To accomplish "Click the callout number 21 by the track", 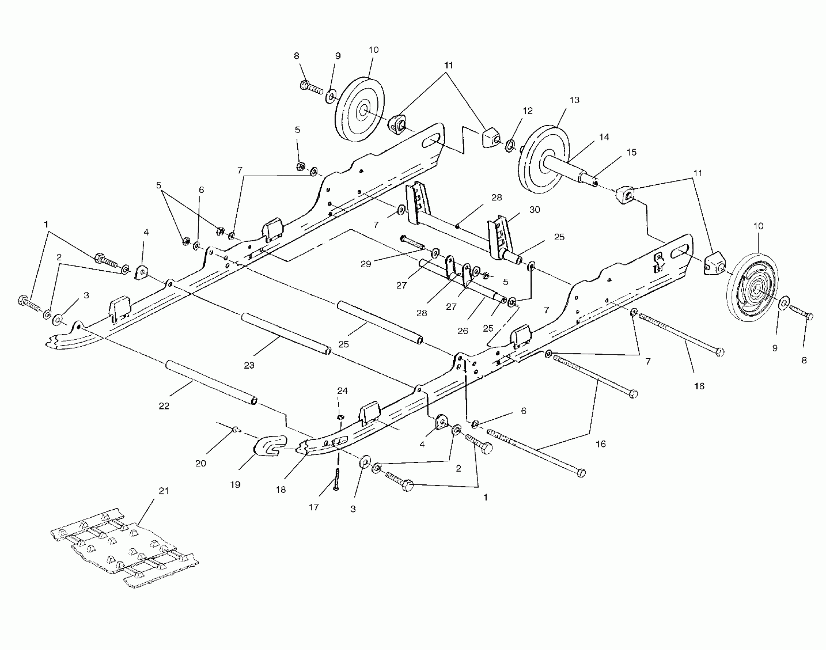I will coord(164,491).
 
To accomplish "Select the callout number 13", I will coord(574,100).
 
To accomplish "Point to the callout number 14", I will coord(604,137).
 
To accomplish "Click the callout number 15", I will coord(631,152).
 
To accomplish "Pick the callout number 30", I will coord(534,210).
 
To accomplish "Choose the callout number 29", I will coord(366,264).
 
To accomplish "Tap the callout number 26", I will coord(462,331).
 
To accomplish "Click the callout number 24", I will coord(342,390).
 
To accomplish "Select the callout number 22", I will coord(164,406).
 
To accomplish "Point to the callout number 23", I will coord(249,365).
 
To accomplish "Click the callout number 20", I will coord(201,463).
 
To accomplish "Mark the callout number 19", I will coord(235,484).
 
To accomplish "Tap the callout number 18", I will coord(281,490).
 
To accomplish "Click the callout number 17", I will coord(314,507).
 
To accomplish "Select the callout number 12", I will coord(527,111).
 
